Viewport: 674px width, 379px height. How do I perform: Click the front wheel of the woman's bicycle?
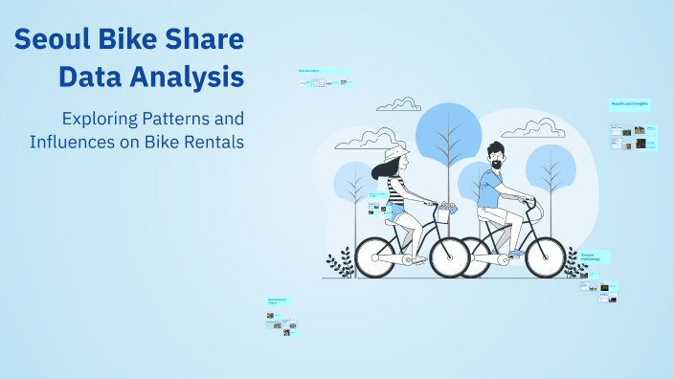pos(449,256)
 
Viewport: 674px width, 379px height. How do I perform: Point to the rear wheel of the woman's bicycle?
pos(380,256)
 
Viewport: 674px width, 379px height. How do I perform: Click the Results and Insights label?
pos(629,103)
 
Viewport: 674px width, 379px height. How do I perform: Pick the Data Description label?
pos(312,71)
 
